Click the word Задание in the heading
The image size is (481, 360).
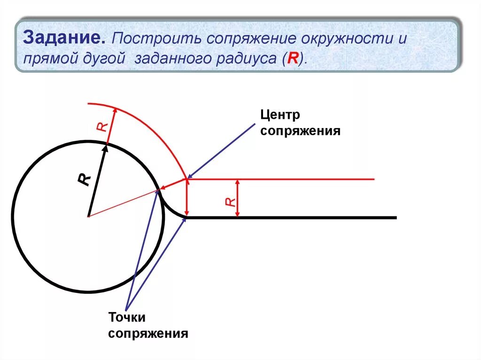click(64, 38)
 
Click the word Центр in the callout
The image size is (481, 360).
click(280, 115)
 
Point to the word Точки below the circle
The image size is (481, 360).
click(127, 317)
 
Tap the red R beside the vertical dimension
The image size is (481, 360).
click(229, 201)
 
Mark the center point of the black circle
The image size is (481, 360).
click(88, 216)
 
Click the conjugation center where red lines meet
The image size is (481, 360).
click(187, 179)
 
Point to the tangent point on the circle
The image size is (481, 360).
click(158, 190)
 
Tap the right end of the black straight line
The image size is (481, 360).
click(396, 217)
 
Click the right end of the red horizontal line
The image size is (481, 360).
click(373, 179)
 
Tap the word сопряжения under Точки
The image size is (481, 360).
click(148, 334)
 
